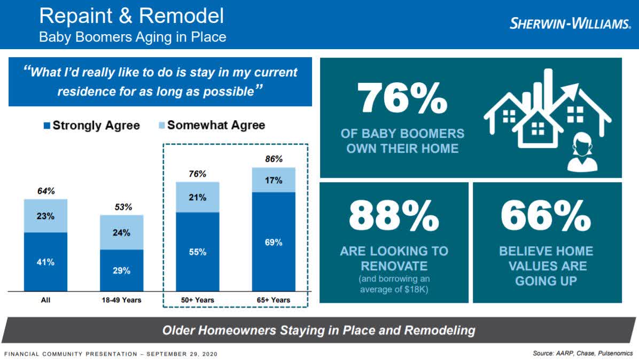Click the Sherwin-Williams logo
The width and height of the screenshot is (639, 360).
tap(570, 24)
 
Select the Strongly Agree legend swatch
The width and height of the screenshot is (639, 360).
tap(47, 126)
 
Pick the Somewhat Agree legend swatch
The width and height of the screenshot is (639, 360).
tap(162, 125)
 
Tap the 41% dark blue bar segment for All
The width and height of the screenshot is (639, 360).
tap(45, 262)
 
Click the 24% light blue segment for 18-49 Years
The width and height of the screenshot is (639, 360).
tap(121, 232)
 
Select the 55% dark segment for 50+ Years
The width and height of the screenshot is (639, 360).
tap(198, 252)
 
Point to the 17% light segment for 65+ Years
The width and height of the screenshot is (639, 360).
tap(274, 180)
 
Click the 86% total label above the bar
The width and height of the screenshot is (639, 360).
tap(274, 159)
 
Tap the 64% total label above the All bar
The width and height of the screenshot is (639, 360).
tap(46, 191)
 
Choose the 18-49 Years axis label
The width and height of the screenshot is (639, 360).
tap(121, 300)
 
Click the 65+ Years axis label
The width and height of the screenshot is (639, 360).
tap(274, 300)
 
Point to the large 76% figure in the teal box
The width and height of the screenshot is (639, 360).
tap(402, 98)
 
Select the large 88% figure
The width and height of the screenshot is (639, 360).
tap(394, 215)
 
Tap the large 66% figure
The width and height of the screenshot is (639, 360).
tap(546, 215)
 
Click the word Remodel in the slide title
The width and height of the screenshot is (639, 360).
tap(181, 16)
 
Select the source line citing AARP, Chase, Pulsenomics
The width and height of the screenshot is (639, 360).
tap(583, 353)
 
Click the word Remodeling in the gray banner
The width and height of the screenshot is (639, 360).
tap(440, 330)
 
